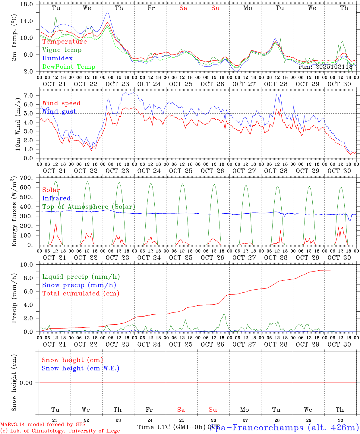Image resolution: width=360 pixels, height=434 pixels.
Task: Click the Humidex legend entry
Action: (x=57, y=58)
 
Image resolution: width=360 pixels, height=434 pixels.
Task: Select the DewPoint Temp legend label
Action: (x=69, y=67)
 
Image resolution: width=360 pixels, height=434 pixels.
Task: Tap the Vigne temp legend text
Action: (x=62, y=50)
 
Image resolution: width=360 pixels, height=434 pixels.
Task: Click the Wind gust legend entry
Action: (x=59, y=112)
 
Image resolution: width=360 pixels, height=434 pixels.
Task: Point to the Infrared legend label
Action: (x=56, y=198)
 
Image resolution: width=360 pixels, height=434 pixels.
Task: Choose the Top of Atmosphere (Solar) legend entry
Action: (x=89, y=207)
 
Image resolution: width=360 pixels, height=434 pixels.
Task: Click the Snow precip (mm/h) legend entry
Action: (x=79, y=285)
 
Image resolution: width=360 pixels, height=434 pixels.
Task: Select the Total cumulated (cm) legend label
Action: (x=81, y=294)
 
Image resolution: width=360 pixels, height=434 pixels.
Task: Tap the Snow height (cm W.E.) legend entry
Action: (x=81, y=368)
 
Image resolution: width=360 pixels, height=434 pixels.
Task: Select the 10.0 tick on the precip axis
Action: (x=28, y=265)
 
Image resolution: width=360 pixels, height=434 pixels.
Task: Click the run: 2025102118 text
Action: (x=325, y=67)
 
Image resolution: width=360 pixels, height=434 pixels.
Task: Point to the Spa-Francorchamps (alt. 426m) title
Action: (x=284, y=427)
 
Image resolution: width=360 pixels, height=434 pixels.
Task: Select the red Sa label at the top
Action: (x=183, y=8)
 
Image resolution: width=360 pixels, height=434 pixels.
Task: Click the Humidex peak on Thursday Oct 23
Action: (x=108, y=12)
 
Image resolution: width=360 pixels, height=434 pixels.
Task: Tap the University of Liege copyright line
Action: (x=60, y=431)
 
